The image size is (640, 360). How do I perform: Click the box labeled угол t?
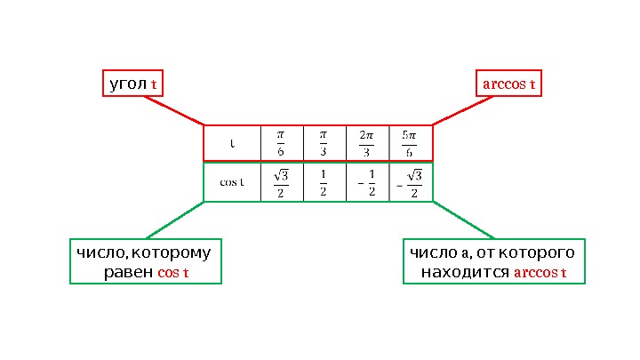point(134,84)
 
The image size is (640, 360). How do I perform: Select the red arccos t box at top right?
point(508,84)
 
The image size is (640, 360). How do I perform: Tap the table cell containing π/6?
point(281,143)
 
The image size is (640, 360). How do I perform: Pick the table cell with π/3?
point(324,143)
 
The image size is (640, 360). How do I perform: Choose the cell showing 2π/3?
point(367,143)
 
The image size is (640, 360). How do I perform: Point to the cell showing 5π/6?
point(410,143)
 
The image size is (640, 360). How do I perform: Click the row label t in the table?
point(232,143)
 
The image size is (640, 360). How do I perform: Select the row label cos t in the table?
point(232,182)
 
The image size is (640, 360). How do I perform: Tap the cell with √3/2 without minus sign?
point(281,182)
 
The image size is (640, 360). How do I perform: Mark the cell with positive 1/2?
point(324,182)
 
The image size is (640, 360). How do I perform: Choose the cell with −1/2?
point(367,182)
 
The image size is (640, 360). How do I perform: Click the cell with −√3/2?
point(410,182)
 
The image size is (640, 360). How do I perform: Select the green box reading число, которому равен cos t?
point(145,261)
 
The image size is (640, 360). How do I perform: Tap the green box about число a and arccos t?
point(493,261)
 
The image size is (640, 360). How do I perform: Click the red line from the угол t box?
point(174,110)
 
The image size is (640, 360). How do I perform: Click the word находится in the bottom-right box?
point(466,271)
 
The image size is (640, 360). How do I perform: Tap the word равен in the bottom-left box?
point(128,271)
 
